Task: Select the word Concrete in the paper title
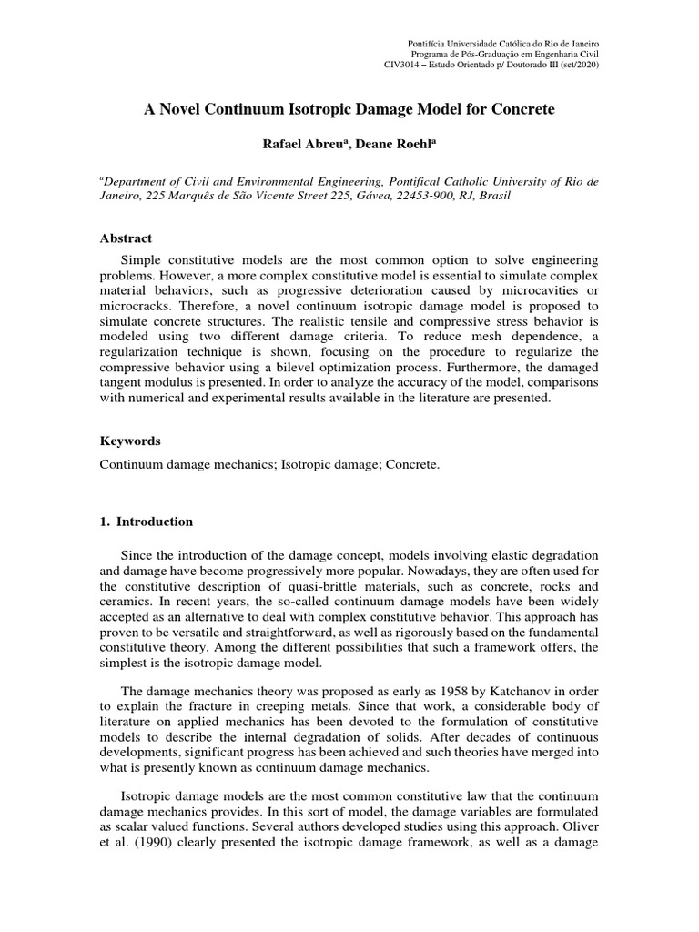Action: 520,109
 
